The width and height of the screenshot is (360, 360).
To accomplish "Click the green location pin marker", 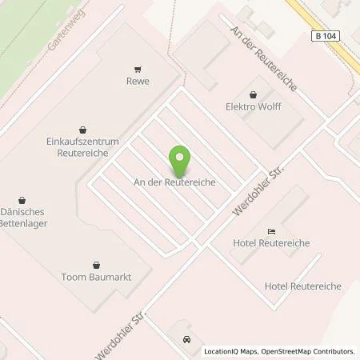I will [180, 161].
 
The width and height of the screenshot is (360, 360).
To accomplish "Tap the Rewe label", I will [138, 81].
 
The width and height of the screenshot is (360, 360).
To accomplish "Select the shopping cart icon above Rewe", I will [138, 68].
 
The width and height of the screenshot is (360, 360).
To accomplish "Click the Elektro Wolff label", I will [254, 106].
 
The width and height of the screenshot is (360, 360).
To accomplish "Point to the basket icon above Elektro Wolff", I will [254, 93].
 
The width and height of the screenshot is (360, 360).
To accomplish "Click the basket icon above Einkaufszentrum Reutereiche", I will [83, 128].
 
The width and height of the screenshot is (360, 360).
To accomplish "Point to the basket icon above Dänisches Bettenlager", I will [22, 199].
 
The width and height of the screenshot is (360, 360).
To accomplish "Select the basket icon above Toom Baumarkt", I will [97, 263].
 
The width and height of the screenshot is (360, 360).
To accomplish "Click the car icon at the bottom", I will [187, 340].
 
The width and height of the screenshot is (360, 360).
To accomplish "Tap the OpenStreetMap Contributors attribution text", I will [309, 351].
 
